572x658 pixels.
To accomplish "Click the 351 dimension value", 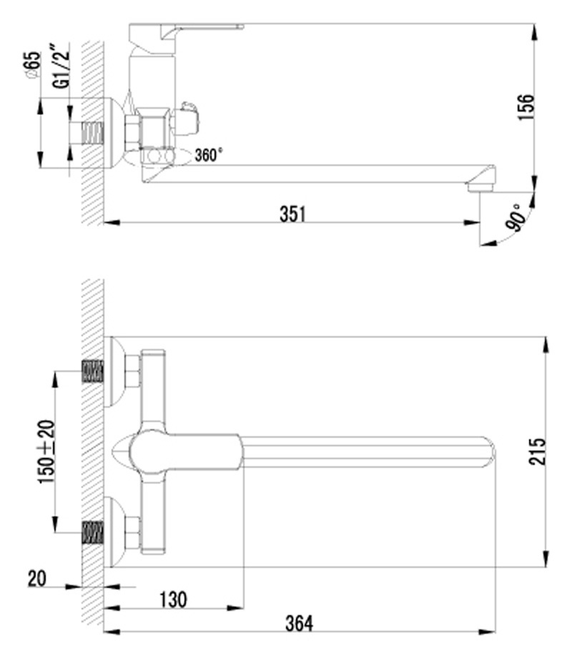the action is pos(293,214).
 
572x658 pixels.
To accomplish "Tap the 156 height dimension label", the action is pos(526,108).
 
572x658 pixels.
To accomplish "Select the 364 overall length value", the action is pos(300,623).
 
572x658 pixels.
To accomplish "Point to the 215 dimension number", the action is pos(538,451).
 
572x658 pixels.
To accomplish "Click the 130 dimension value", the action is pos(173,599).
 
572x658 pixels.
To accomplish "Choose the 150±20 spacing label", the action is pos(46,451).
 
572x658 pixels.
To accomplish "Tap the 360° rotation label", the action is pos(209,155).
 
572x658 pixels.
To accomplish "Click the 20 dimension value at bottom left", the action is pos(37,579).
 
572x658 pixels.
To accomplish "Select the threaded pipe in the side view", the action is pos(92,132).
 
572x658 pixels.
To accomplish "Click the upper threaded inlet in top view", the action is pos(92,371).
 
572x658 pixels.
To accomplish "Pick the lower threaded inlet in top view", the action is pos(92,533).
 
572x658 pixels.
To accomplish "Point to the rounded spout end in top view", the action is pos(490,451).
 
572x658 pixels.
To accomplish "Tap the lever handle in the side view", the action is pos(184,34).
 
